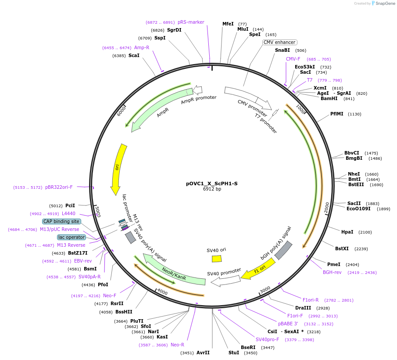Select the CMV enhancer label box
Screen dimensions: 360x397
279,42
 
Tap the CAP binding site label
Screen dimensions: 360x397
61,221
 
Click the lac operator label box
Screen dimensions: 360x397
71,237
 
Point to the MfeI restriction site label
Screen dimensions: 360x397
228,24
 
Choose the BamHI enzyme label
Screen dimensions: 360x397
329,98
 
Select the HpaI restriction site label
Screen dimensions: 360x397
347,232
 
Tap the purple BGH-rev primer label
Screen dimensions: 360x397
332,272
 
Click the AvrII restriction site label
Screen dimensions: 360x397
203,353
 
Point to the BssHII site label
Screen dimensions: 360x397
124,312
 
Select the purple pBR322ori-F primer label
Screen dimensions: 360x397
59,187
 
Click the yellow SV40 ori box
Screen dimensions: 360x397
217,259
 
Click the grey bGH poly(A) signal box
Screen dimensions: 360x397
283,250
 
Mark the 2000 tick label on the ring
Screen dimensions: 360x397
326,208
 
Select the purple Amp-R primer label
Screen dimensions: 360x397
142,47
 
